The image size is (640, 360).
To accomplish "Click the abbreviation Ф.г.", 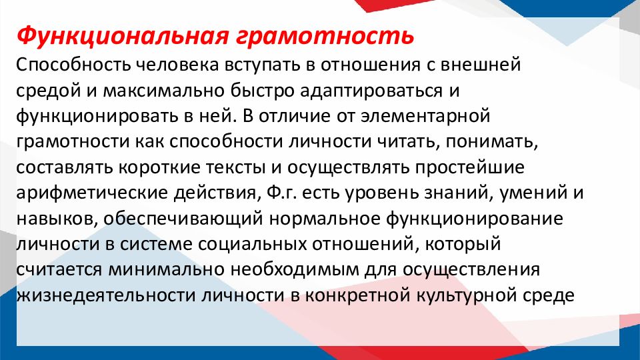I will [x=282, y=192].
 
